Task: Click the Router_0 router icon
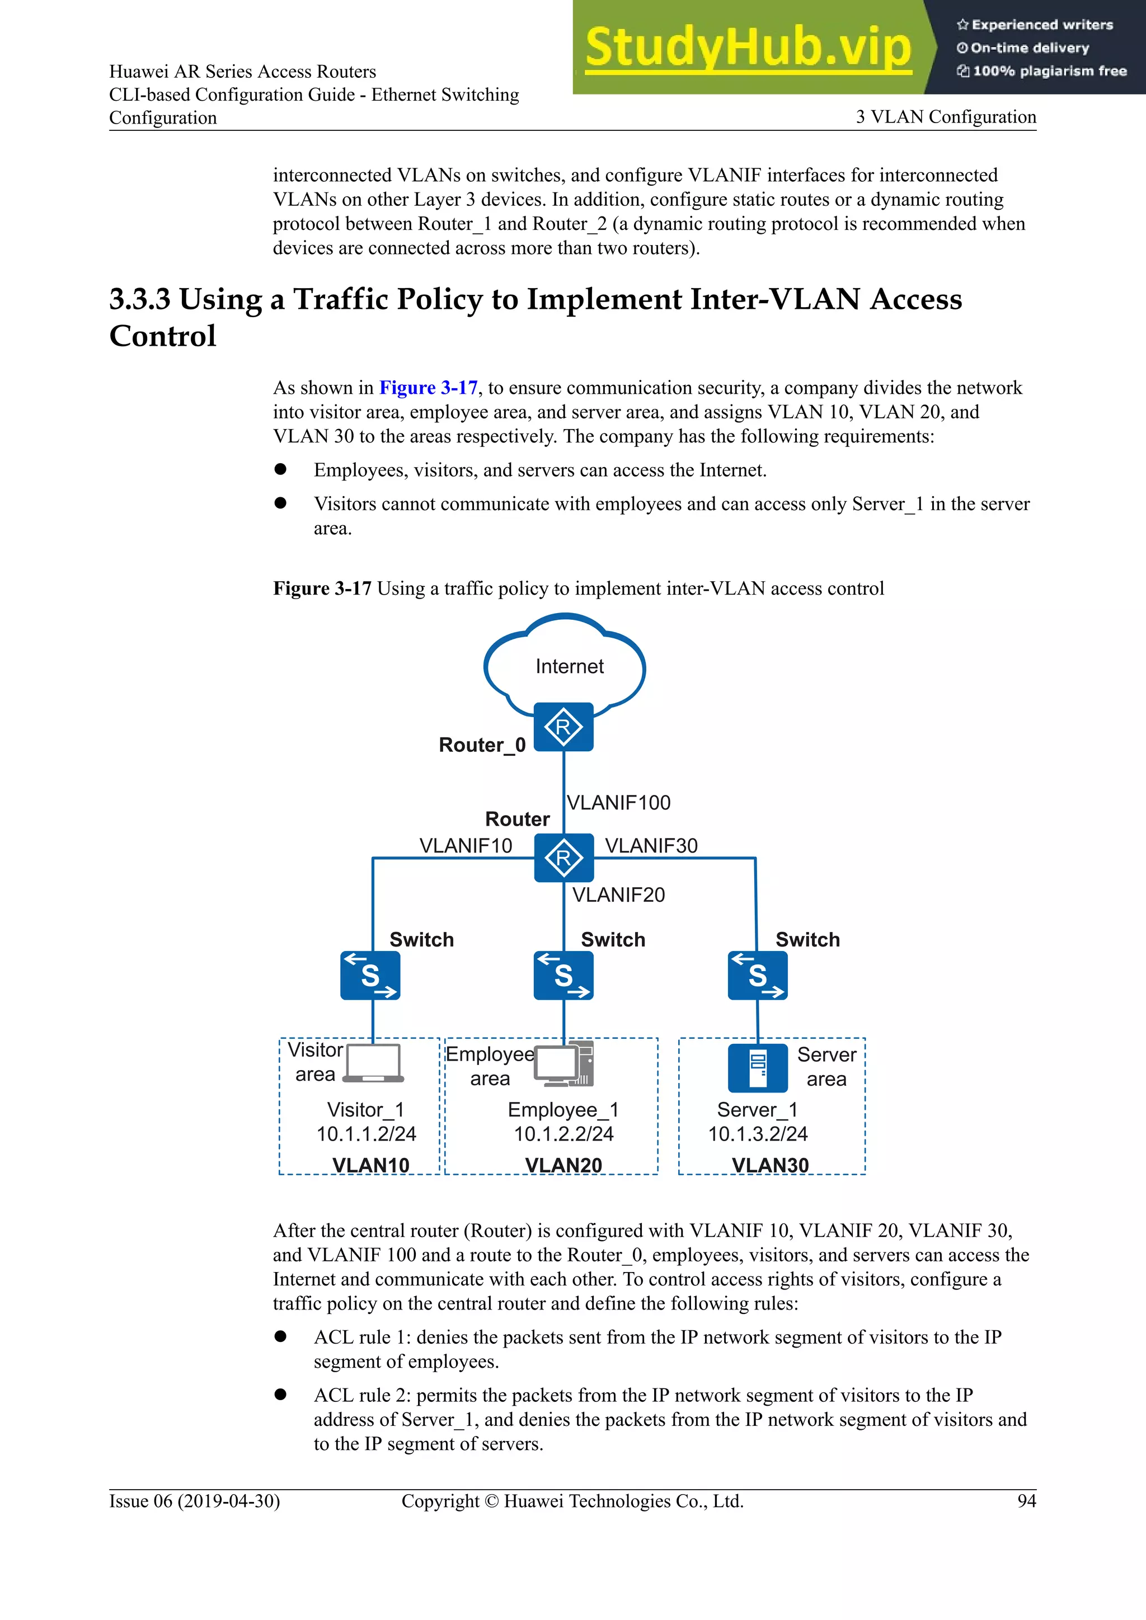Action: coord(563,727)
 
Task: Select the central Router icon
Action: coord(563,858)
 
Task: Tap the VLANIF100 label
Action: coord(618,802)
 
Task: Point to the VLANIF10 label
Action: coord(466,845)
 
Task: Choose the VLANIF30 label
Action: coord(651,845)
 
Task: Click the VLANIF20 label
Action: coord(618,894)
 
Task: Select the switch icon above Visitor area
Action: coord(370,975)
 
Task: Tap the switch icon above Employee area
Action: coord(563,975)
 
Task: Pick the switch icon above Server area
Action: coord(757,975)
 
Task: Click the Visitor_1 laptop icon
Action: coord(373,1063)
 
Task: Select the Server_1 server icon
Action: coord(757,1067)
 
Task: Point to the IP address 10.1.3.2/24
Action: coord(757,1134)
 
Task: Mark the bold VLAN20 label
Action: coord(563,1165)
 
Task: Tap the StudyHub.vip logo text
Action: coord(748,48)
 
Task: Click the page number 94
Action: coord(1026,1501)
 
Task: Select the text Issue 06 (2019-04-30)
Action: coord(194,1501)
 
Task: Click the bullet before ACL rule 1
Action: coord(280,1336)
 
